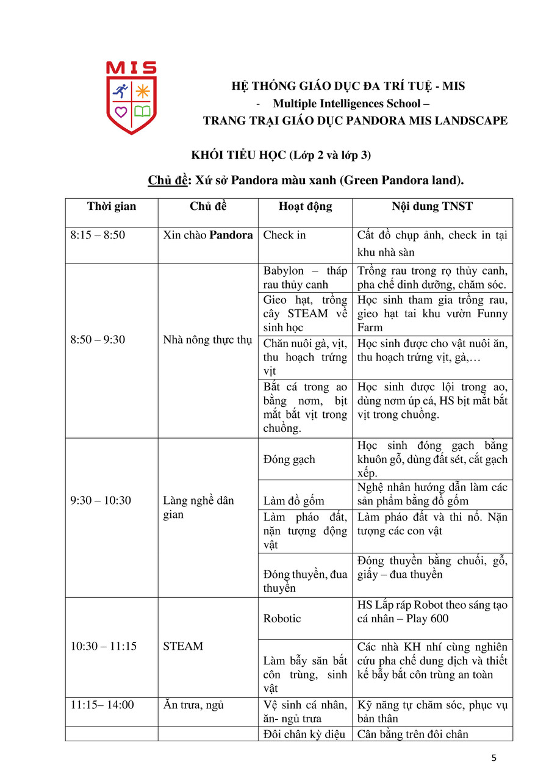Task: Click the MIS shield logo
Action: (x=131, y=98)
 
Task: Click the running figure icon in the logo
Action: (x=120, y=92)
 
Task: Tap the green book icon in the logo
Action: (x=142, y=111)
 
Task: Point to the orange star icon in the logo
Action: (x=142, y=92)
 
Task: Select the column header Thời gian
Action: (x=112, y=206)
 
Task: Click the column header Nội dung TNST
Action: (x=432, y=206)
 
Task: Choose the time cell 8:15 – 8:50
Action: (x=98, y=235)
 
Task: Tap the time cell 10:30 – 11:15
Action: (x=104, y=646)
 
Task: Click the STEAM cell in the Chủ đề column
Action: (x=183, y=646)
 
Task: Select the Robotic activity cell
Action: (x=282, y=619)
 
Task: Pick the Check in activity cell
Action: (x=284, y=235)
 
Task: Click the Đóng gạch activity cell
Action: (x=289, y=459)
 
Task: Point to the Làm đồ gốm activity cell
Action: (x=293, y=501)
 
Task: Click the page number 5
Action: (x=493, y=758)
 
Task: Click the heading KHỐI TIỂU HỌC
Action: (x=239, y=155)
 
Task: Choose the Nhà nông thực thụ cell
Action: (x=207, y=340)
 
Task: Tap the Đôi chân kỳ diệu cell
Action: (x=305, y=734)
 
